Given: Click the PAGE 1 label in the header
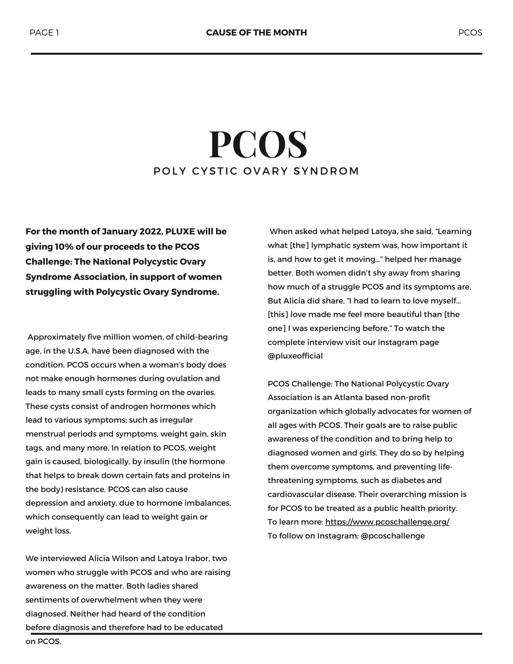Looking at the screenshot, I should pos(44,33).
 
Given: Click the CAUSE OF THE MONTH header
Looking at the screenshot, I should pos(256,33).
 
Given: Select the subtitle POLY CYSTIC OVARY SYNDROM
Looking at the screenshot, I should pos(256,171).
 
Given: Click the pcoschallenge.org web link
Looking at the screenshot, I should pos(387,522).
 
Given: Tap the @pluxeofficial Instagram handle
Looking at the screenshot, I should pos(295,356).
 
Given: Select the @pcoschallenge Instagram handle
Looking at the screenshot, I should pos(393,536).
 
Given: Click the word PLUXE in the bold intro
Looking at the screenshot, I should pos(180,231).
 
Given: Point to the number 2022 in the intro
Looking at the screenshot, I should pos(150,231).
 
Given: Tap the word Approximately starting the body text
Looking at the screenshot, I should pos(56,337).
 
